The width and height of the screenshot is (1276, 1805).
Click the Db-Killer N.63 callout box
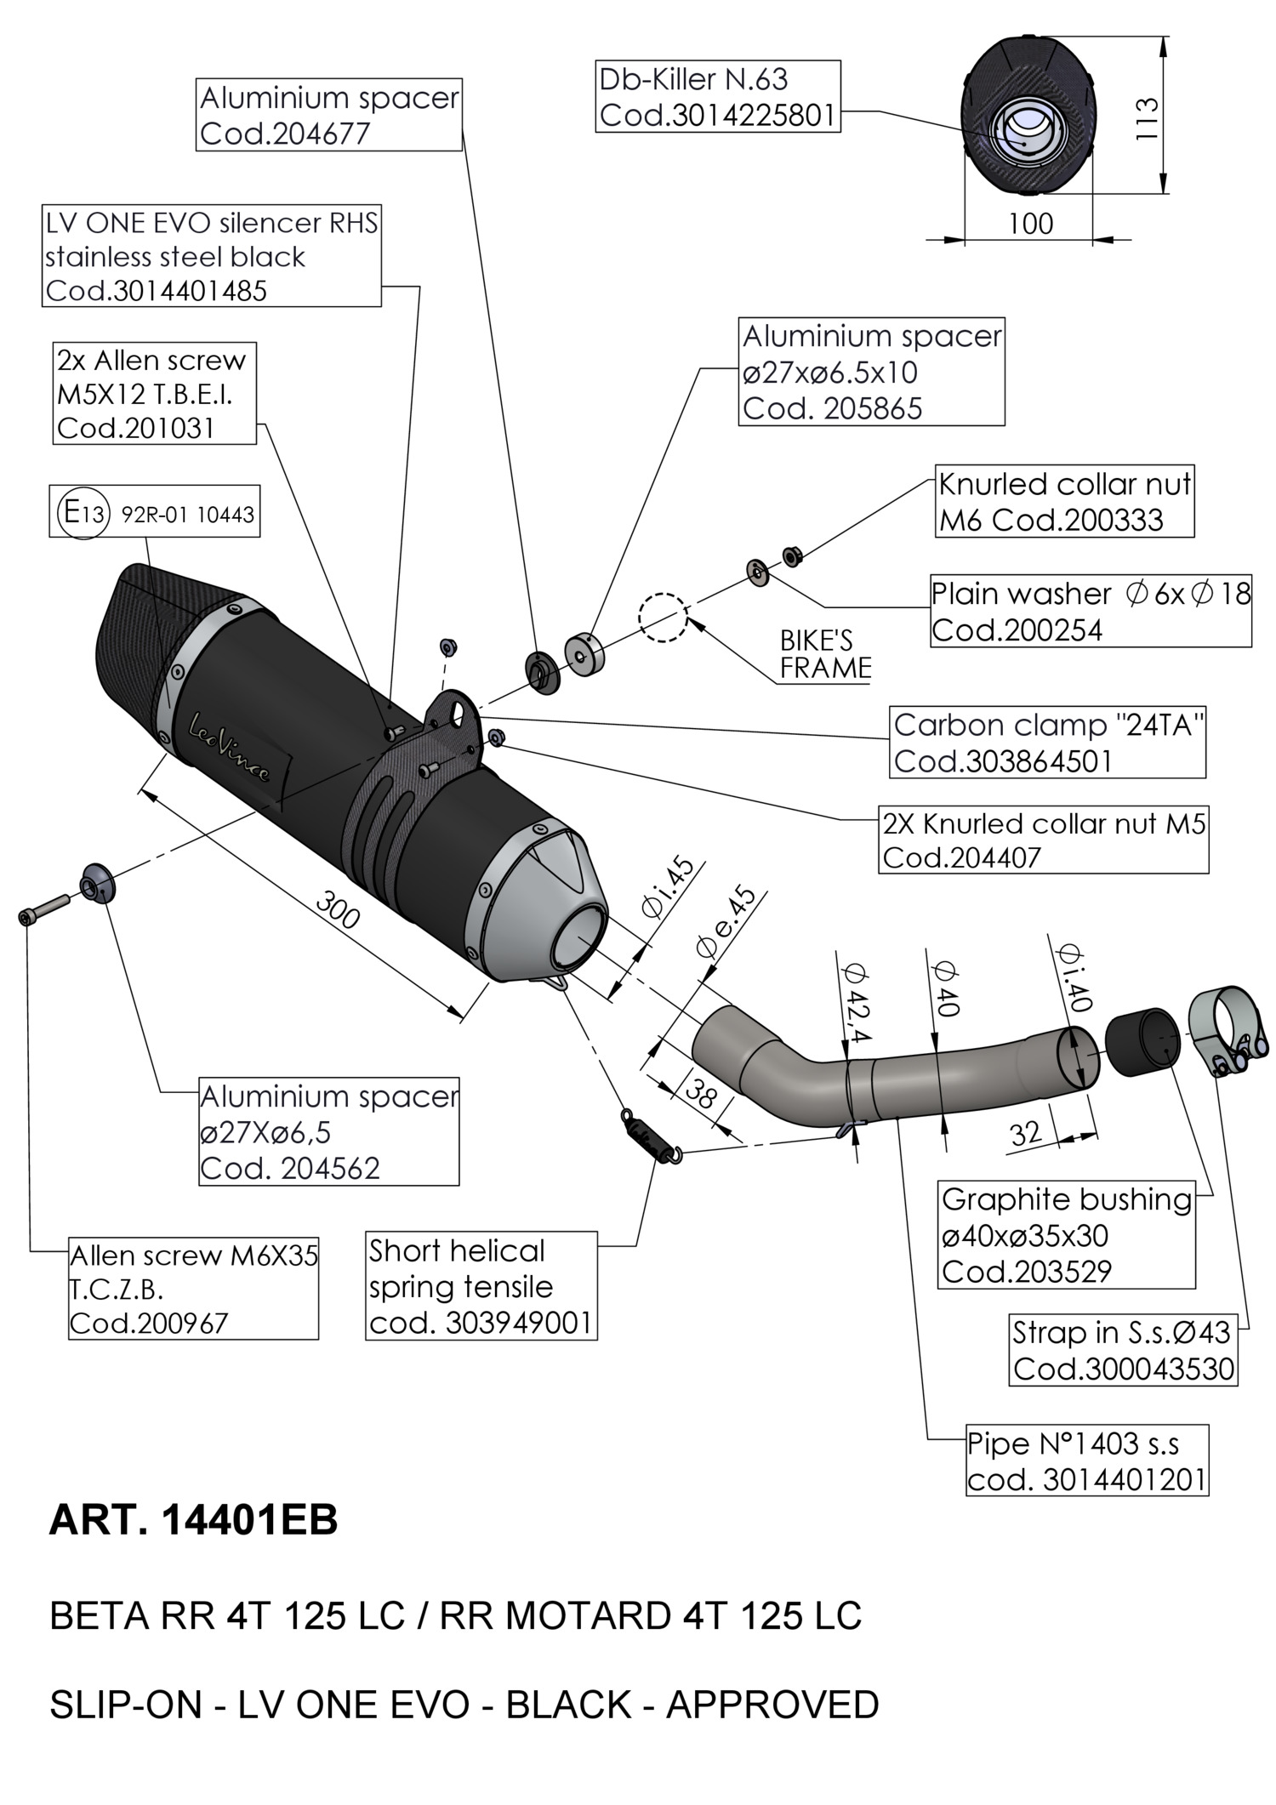click(718, 96)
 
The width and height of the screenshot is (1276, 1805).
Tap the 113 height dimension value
click(1146, 119)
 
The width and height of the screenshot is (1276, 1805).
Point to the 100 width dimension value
click(1031, 224)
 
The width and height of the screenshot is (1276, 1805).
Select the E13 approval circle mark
click(83, 512)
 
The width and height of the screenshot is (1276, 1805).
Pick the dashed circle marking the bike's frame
click(663, 617)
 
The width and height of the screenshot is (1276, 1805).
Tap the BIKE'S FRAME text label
click(825, 654)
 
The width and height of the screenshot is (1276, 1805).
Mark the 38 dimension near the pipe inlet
click(700, 1094)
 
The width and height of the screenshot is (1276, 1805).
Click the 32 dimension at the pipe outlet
click(1026, 1132)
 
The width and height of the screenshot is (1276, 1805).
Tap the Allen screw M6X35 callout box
click(193, 1290)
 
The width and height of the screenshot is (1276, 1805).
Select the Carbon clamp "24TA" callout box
click(1047, 742)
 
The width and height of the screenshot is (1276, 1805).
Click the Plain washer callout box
click(1090, 611)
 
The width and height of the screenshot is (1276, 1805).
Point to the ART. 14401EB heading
click(193, 1520)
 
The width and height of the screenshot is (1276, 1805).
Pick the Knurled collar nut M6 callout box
click(1064, 501)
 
